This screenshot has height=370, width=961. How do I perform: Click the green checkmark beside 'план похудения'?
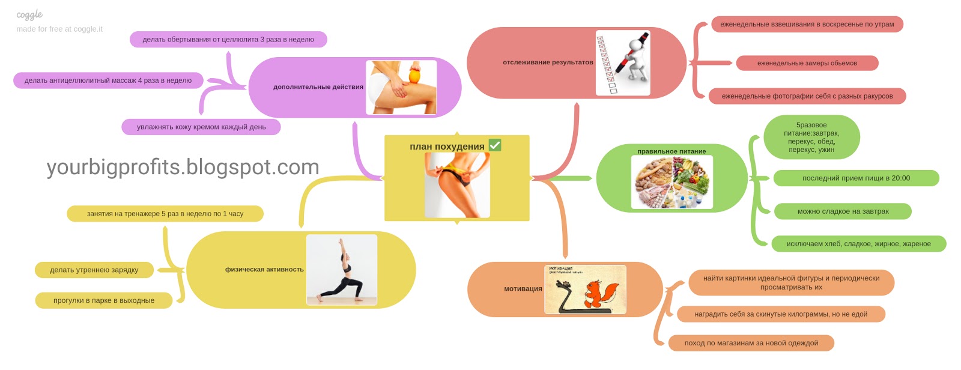pos(495,145)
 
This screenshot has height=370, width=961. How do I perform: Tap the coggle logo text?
pos(29,14)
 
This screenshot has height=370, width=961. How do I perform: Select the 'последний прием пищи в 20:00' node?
pos(856,178)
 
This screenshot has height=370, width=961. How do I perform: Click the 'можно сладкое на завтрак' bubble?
pos(843,211)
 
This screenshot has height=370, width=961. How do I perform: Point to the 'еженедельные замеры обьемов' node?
pos(807,63)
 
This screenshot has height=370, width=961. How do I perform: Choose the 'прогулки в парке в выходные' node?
pos(104,300)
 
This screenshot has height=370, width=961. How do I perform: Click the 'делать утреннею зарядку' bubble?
pos(94,270)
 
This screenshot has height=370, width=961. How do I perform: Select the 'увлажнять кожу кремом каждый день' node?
pos(201,127)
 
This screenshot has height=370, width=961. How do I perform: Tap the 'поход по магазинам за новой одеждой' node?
pos(751,343)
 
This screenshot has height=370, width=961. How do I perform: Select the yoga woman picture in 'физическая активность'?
pos(342,270)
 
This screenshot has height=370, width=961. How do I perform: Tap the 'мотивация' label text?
pos(523,289)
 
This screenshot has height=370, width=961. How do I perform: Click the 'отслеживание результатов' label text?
pos(548,62)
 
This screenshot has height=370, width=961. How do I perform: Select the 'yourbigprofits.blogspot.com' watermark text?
pos(183,167)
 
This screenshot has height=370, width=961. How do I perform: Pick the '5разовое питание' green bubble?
pos(811,138)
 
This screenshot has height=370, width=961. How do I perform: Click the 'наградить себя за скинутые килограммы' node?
pos(781,314)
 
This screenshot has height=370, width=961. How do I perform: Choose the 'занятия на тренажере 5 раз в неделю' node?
pos(165,214)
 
